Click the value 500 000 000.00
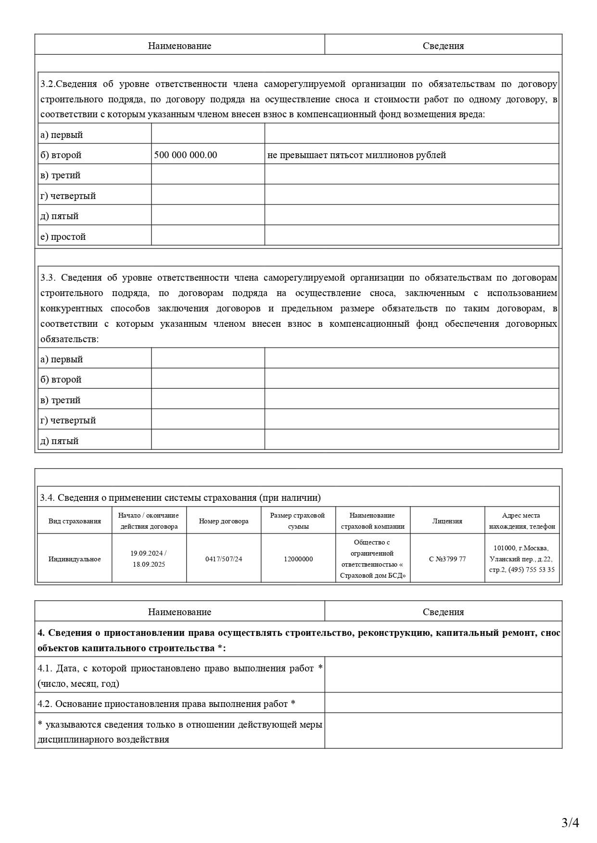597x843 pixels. click(185, 155)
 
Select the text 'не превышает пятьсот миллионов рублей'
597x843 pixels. click(356, 155)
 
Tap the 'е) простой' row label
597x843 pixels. click(63, 236)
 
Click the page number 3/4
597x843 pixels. click(570, 823)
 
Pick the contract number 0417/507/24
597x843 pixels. click(224, 559)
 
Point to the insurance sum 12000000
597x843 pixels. click(298, 559)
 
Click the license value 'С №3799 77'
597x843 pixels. click(447, 559)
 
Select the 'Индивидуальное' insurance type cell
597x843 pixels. click(75, 559)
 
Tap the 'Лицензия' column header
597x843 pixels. click(447, 521)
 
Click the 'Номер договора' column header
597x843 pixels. click(224, 521)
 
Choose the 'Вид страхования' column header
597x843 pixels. click(75, 521)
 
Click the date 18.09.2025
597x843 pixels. click(149, 564)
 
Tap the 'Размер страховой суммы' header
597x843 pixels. click(298, 521)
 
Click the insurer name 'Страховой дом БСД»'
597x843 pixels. click(373, 575)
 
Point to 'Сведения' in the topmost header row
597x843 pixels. click(443, 46)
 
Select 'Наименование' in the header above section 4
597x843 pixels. click(179, 612)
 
